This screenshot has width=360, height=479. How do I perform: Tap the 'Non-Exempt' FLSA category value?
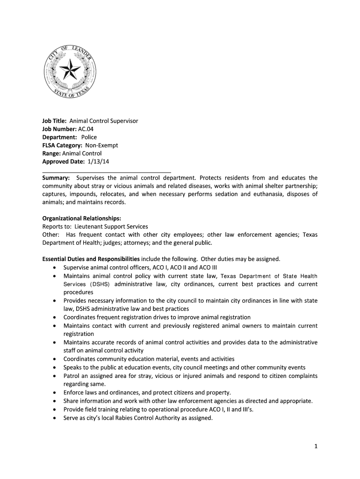click(x=101, y=145)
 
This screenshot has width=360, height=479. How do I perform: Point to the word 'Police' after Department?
click(x=89, y=138)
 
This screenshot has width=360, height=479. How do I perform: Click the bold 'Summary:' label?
click(x=56, y=178)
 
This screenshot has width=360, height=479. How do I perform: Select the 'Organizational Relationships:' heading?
click(x=82, y=218)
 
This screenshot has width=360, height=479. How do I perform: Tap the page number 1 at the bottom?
click(x=316, y=447)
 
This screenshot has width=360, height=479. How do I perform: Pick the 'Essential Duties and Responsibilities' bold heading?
click(x=91, y=259)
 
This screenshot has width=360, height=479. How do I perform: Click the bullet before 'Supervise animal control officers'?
click(x=55, y=268)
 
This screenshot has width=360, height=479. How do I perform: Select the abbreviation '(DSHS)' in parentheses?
click(x=99, y=284)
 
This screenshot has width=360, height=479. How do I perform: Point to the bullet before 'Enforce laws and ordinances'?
click(x=55, y=393)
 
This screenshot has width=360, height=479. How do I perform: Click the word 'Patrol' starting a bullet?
click(x=72, y=376)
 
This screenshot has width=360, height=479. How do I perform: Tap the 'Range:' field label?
click(x=52, y=153)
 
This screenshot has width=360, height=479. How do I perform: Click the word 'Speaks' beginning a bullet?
click(x=73, y=368)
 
